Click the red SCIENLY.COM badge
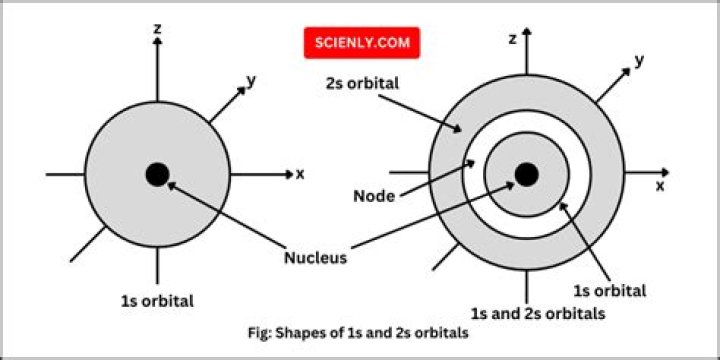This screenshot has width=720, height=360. click(x=362, y=43)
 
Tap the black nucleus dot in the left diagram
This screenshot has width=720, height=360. click(x=158, y=174)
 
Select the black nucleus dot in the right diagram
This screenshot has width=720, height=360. click(x=526, y=174)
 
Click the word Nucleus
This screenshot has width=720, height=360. click(x=315, y=258)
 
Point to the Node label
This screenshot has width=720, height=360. click(x=374, y=197)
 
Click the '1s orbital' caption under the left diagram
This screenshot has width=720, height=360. click(x=157, y=301)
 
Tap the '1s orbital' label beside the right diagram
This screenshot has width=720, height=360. click(x=610, y=290)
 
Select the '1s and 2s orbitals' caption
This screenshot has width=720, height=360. click(x=538, y=314)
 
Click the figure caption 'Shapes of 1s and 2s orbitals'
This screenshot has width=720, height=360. click(x=358, y=332)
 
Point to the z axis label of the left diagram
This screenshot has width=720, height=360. click(x=158, y=28)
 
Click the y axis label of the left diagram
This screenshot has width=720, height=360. click(x=251, y=81)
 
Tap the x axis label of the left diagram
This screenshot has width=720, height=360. click(x=300, y=174)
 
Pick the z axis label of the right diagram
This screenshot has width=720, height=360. click(x=513, y=39)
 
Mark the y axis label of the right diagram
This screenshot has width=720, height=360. click(x=639, y=61)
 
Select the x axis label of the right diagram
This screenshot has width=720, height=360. click(x=660, y=186)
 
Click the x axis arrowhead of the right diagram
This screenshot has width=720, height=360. click(x=665, y=173)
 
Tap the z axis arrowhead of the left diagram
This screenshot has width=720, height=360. click(x=158, y=40)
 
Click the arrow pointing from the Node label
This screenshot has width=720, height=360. click(x=437, y=179)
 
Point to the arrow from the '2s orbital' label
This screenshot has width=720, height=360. click(x=419, y=113)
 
